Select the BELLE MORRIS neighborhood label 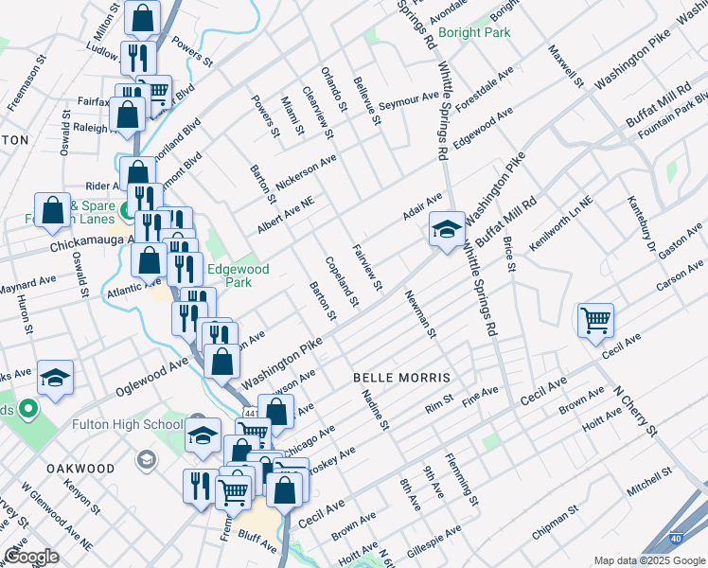(402, 377)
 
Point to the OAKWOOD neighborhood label (80, 469)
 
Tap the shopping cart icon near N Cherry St (595, 320)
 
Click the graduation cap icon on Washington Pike (447, 229)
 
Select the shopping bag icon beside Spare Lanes (53, 211)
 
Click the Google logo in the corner (31, 556)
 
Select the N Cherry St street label (633, 409)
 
